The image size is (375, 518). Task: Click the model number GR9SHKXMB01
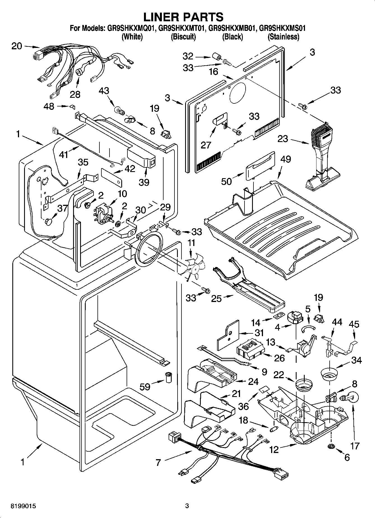pos(232,28)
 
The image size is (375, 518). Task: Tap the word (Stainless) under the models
pos(283,37)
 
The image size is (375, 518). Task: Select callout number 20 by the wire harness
pos(17,46)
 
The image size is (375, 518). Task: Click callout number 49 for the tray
pos(285,159)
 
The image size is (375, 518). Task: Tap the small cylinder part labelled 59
pos(169,377)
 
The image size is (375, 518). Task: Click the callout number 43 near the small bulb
pos(104,91)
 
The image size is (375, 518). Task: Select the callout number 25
pos(216,299)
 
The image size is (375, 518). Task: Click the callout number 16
pos(213,72)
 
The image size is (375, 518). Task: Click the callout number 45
pos(354,324)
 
